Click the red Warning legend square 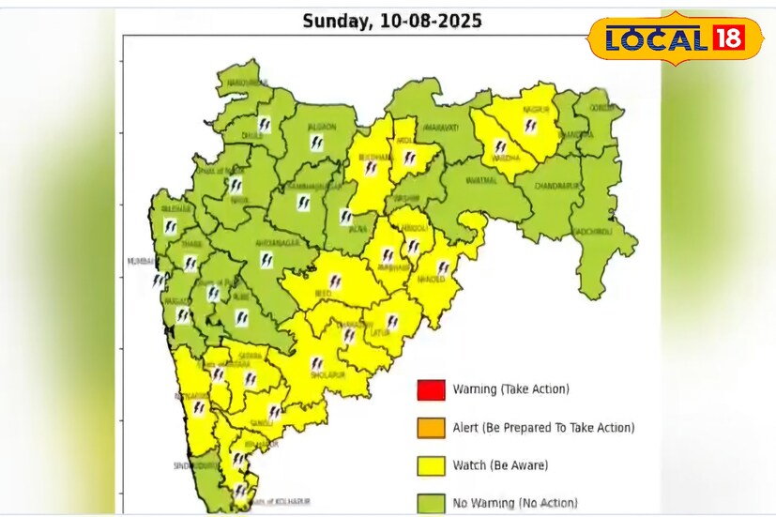click(431, 389)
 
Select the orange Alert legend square click(431, 427)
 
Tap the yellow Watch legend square click(431, 464)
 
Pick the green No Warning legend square click(431, 502)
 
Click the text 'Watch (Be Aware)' click(500, 465)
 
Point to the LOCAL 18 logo click(675, 38)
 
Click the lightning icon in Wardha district click(500, 147)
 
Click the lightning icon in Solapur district click(318, 363)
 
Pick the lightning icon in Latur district click(392, 322)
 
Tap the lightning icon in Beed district click(334, 281)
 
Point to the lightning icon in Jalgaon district click(317, 144)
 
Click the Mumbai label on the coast click(141, 262)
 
